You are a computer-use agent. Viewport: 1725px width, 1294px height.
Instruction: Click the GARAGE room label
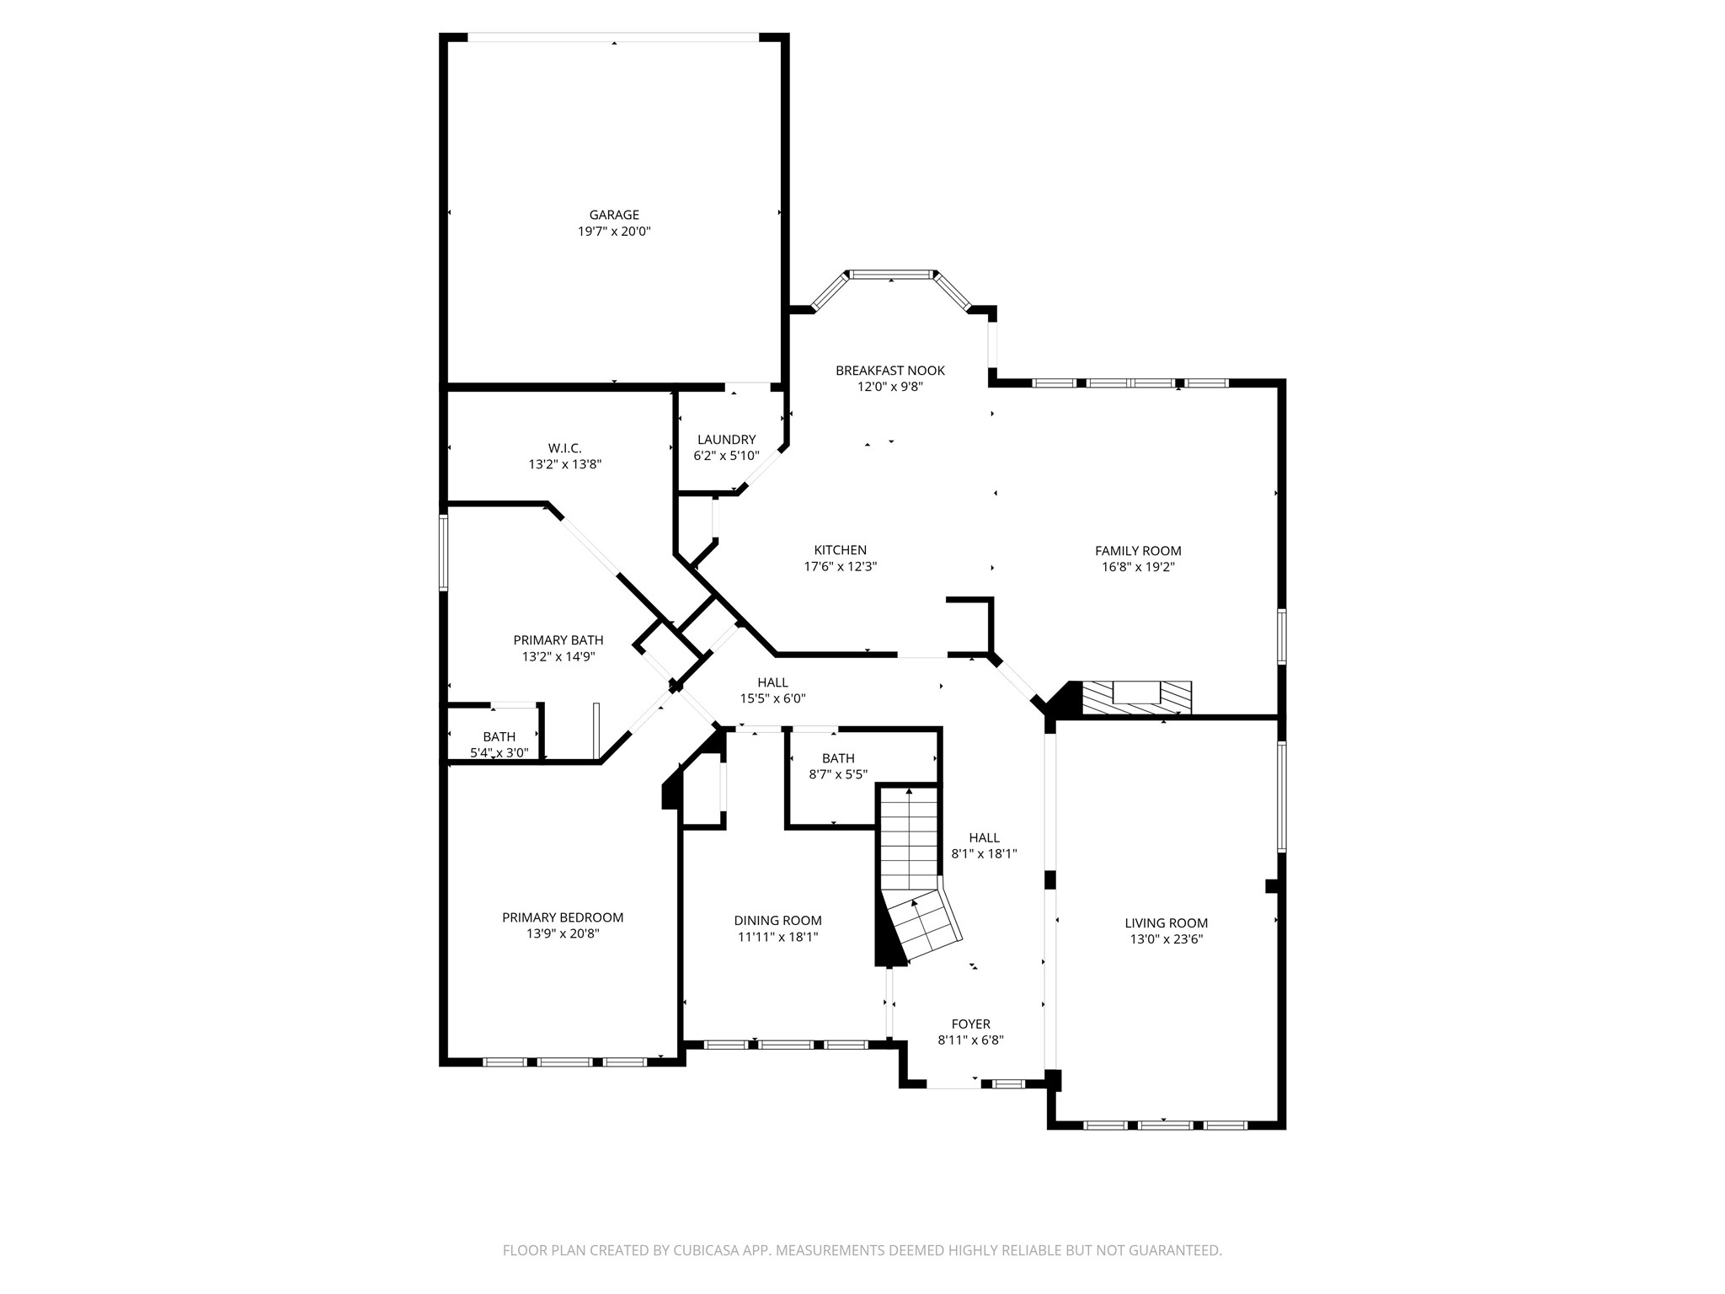point(614,215)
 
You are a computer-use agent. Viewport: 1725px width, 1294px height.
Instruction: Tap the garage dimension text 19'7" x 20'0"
point(614,231)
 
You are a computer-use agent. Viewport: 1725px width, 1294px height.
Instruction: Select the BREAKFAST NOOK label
point(890,371)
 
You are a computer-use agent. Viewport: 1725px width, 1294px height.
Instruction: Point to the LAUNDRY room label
point(726,440)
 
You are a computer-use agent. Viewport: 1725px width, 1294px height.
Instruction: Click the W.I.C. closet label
point(564,448)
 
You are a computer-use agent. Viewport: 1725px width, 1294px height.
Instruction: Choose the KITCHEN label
point(841,550)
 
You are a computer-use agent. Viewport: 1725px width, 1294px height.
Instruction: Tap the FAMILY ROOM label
point(1138,551)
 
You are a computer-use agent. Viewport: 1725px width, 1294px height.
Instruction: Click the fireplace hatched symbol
point(1137,698)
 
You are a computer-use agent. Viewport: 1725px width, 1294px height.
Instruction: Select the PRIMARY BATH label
point(558,640)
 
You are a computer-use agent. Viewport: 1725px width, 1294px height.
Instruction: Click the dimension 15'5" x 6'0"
point(773,698)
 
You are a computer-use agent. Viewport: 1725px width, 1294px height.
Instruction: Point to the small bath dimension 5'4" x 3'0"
point(499,753)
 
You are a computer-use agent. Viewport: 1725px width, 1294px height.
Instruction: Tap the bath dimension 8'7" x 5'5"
point(838,774)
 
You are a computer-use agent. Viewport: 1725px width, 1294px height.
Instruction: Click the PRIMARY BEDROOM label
point(563,917)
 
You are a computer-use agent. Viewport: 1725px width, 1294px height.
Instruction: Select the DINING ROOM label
point(777,921)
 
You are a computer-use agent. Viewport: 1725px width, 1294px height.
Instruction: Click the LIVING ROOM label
point(1166,923)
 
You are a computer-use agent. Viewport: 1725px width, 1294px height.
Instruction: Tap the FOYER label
point(971,1024)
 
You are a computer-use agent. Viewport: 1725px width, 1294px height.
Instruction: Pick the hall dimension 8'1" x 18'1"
point(984,853)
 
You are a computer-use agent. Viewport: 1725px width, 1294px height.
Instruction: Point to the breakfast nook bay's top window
point(892,275)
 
